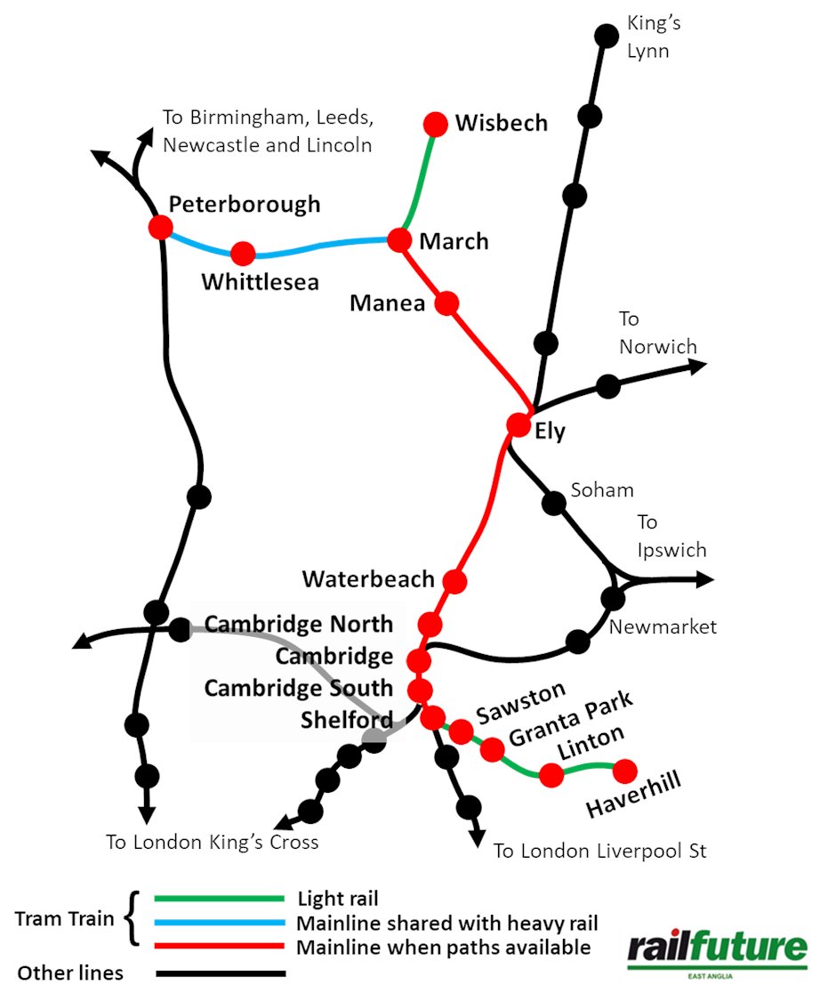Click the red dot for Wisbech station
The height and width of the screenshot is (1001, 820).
point(436,123)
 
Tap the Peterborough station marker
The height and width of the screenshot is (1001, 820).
point(161,226)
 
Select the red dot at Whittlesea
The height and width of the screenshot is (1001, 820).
point(243,254)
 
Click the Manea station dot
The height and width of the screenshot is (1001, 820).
point(446,303)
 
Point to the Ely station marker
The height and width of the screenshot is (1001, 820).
point(518,424)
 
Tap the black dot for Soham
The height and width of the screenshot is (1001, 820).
point(554,503)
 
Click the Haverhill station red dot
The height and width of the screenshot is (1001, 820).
point(625,770)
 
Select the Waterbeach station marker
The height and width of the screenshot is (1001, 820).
point(454,582)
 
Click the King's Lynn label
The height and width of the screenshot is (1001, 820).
point(653,36)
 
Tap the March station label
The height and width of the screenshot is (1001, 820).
point(454,241)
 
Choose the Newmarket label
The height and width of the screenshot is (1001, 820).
point(662,627)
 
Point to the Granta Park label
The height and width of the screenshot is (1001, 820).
point(570,720)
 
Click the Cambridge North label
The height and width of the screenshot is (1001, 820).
point(298,624)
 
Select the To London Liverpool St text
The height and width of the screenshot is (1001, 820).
point(599,852)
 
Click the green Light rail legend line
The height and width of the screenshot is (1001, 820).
point(219,899)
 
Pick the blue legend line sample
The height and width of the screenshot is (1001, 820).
point(219,923)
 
